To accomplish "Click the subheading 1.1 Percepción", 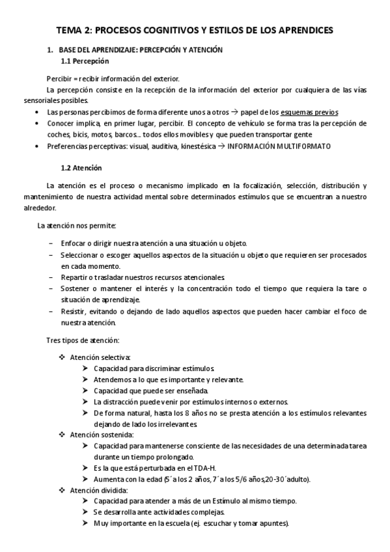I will click(80, 61).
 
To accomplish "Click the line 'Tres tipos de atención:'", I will click(82, 340).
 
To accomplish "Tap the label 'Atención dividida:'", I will click(99, 490).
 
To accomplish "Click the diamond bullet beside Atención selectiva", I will click(62, 357).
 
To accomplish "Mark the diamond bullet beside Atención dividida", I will click(62, 490).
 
